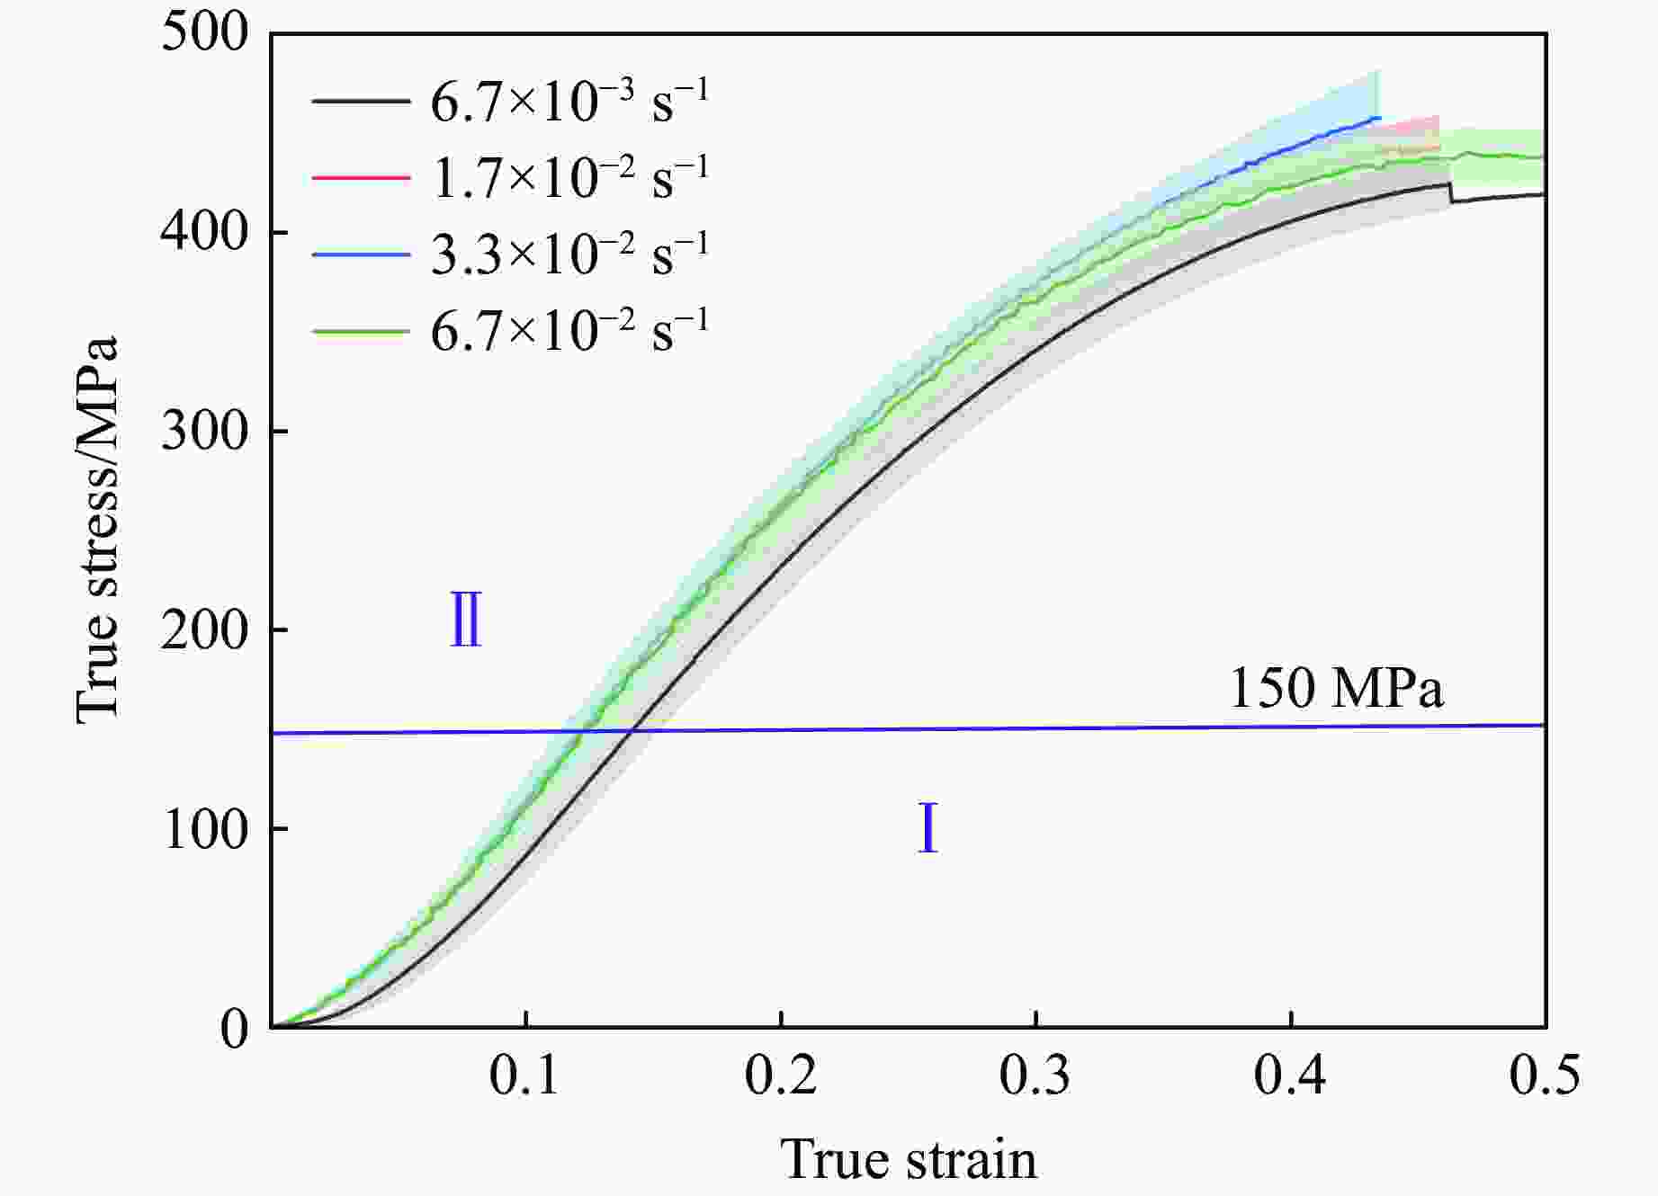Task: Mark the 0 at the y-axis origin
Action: pos(233,1029)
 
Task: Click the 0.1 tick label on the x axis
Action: pos(525,1076)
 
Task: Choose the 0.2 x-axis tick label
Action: pos(781,1076)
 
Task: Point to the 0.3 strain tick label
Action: pos(1035,1076)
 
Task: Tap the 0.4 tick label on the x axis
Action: pos(1290,1076)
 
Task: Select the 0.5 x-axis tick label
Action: pos(1544,1076)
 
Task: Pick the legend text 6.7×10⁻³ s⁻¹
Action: pos(569,102)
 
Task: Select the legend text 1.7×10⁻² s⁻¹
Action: pos(569,178)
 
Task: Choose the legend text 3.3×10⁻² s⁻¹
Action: pos(569,254)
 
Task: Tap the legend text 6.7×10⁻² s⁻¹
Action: pos(569,331)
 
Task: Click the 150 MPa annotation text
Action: pos(1336,689)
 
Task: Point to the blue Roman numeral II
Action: pos(466,620)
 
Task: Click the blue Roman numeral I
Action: pos(928,829)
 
